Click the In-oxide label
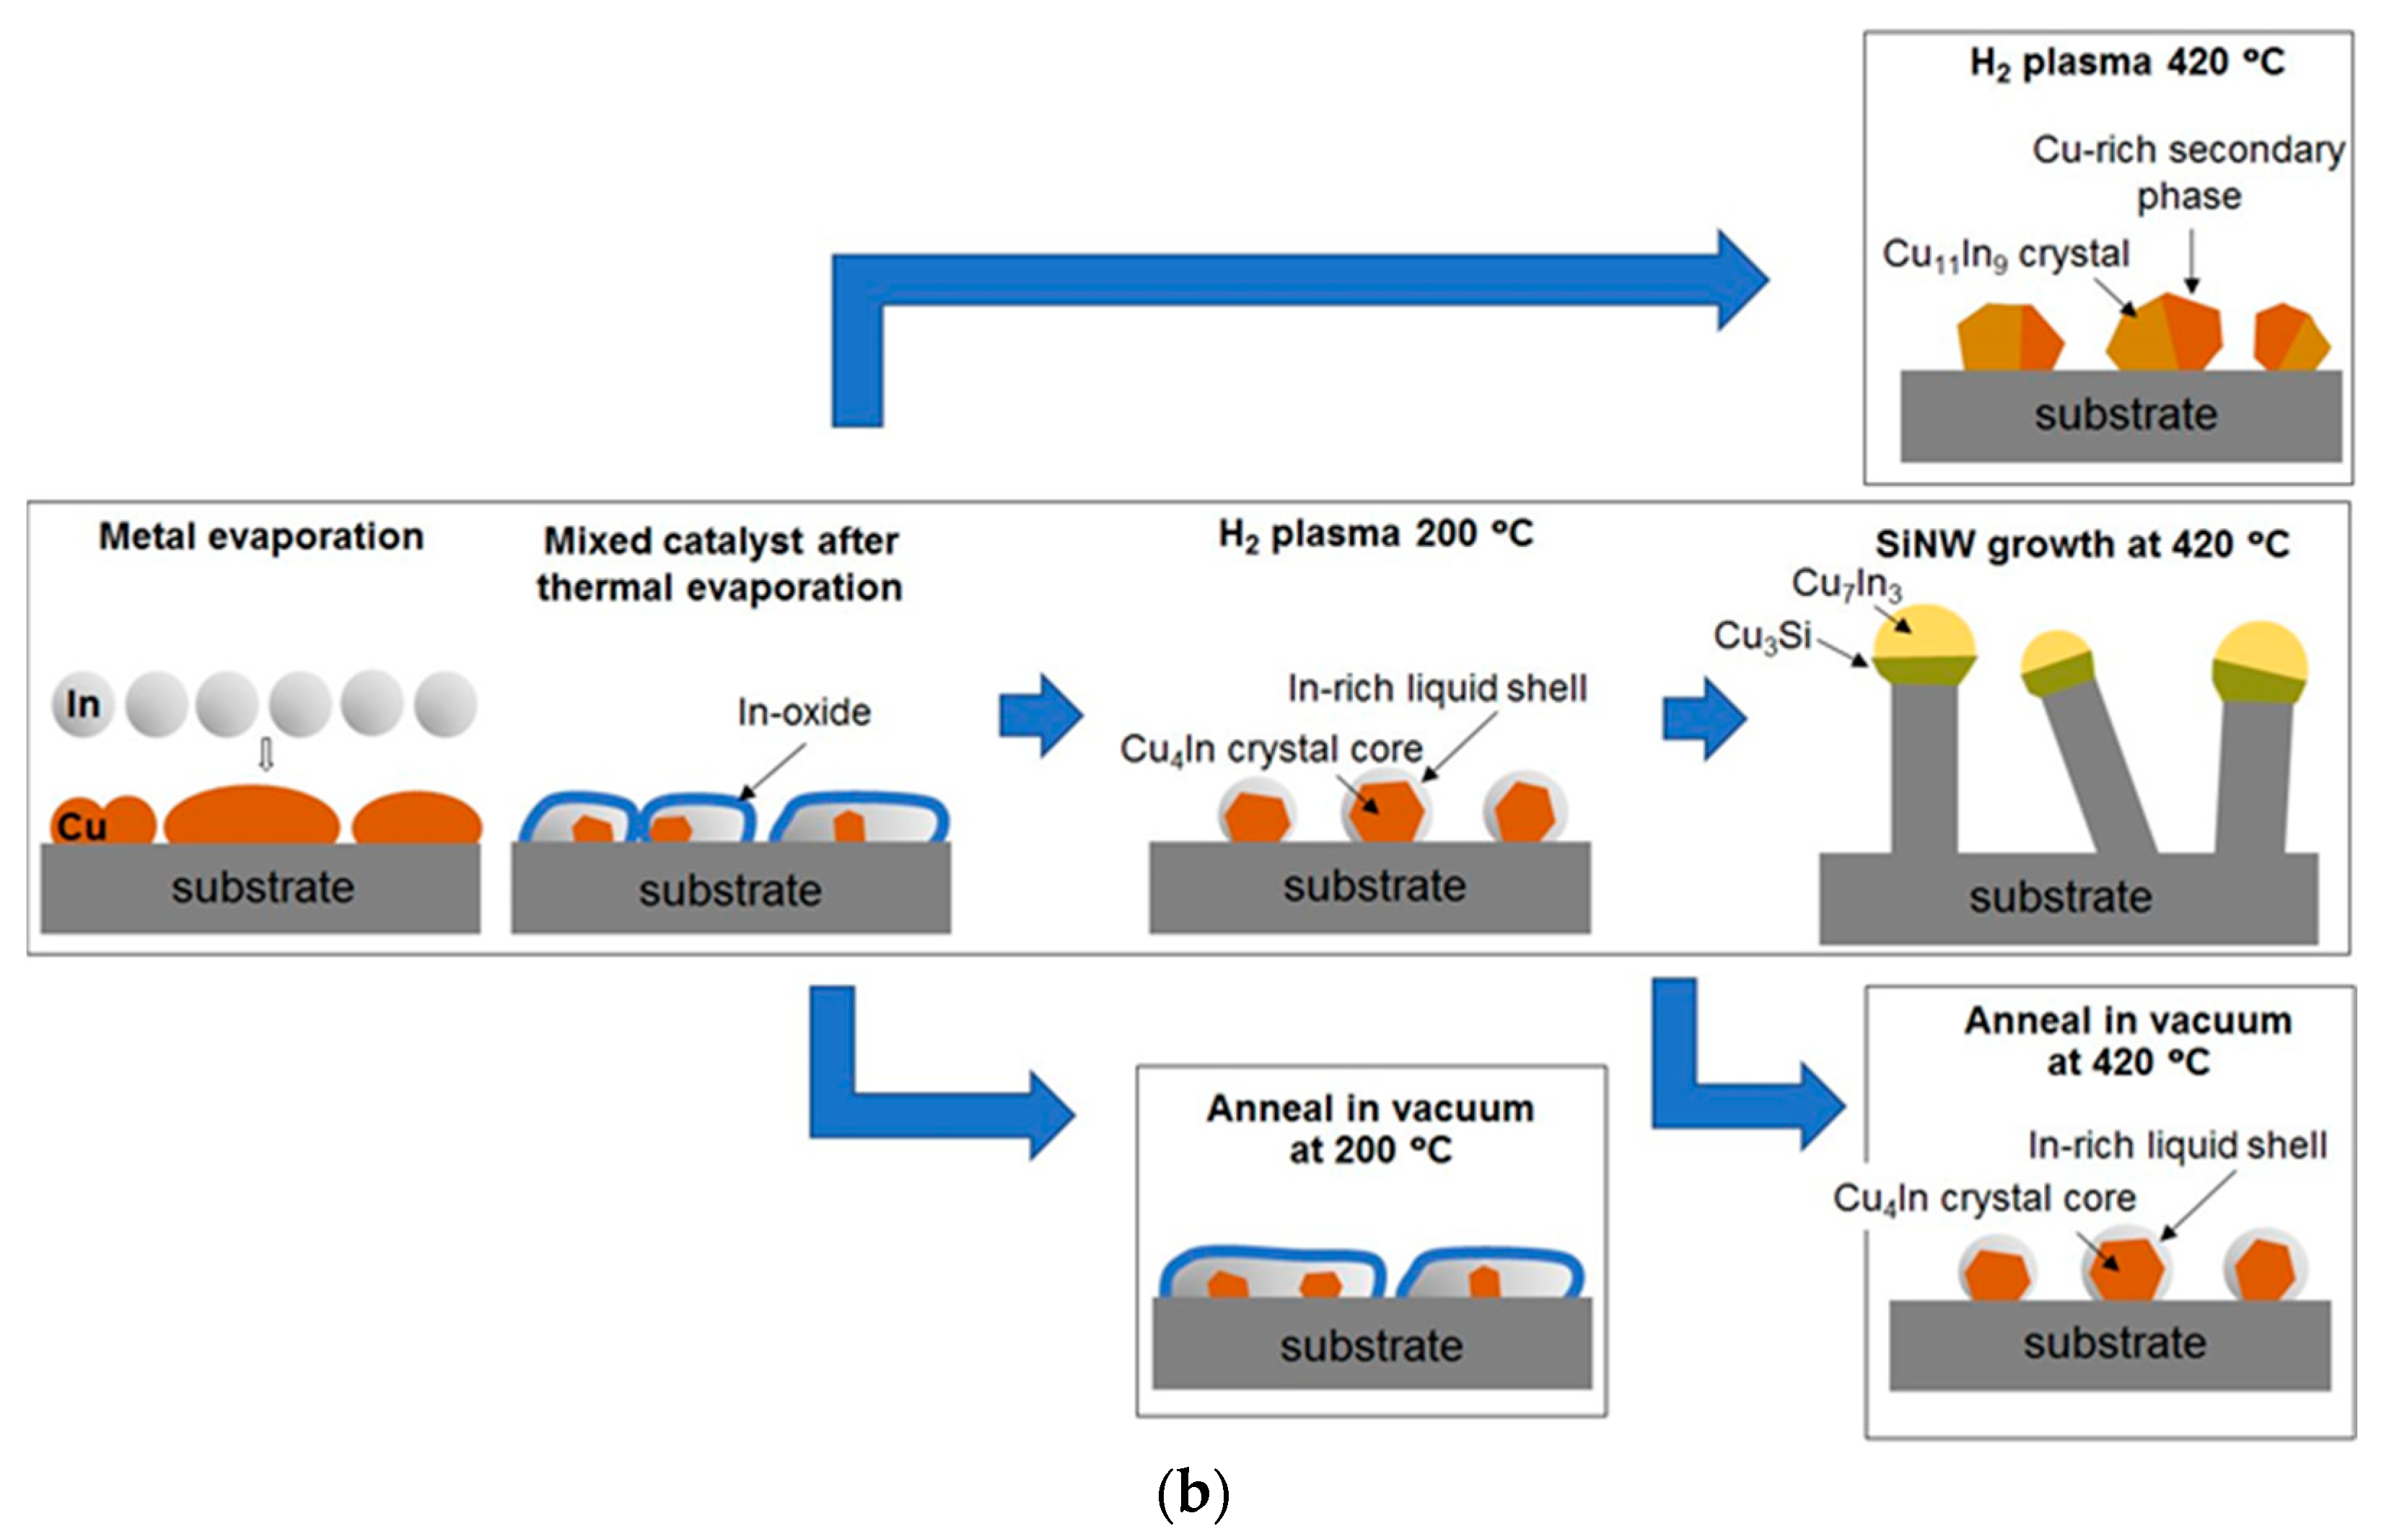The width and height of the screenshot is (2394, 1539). click(803, 713)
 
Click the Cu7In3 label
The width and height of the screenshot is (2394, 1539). click(1846, 584)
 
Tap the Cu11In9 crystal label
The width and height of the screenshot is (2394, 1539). click(2005, 254)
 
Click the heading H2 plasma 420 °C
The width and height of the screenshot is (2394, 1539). click(2126, 62)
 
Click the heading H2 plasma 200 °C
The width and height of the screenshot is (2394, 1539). click(1374, 534)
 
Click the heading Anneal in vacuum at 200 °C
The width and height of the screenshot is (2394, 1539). click(1370, 1128)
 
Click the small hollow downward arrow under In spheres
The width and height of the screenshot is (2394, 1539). click(266, 755)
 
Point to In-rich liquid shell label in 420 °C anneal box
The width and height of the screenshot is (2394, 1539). click(2177, 1145)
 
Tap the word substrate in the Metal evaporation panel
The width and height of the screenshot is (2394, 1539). click(262, 887)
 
